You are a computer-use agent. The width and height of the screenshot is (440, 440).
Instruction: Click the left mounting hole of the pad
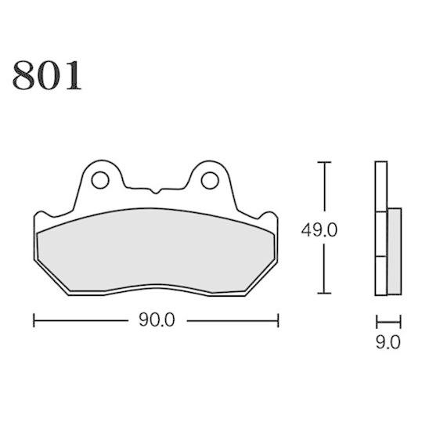(100, 180)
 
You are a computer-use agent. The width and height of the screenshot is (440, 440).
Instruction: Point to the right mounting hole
(208, 180)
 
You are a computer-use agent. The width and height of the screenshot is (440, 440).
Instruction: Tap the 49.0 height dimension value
(319, 230)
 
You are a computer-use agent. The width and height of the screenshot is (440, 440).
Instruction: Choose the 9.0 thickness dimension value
(389, 341)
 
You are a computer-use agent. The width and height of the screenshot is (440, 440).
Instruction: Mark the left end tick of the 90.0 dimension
(34, 320)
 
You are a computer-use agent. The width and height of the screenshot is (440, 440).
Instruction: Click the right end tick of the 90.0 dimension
(278, 320)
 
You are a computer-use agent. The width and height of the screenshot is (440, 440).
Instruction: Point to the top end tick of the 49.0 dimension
(323, 162)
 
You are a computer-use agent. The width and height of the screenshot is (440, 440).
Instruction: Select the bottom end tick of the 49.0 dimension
(323, 294)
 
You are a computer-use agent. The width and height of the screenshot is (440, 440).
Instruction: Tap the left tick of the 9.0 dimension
(377, 320)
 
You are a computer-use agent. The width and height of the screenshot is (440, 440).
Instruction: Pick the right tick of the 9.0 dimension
(401, 320)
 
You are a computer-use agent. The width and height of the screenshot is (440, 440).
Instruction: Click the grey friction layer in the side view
(394, 251)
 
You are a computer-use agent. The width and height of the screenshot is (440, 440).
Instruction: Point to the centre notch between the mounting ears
(154, 189)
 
